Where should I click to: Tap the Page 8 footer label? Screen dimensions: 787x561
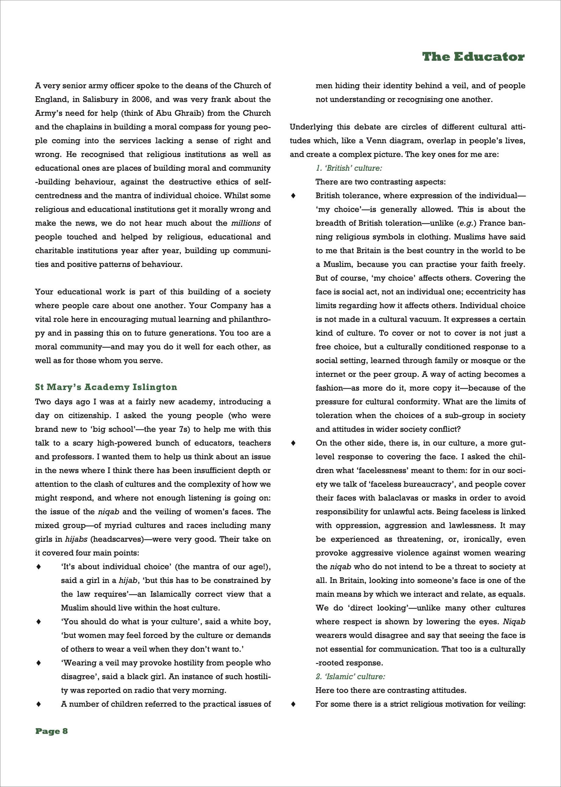(52, 731)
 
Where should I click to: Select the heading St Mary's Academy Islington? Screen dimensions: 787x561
(106, 387)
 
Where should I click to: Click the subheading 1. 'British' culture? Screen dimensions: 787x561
(348, 168)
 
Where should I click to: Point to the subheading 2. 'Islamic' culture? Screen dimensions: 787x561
(350, 676)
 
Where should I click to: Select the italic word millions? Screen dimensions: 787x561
(246, 223)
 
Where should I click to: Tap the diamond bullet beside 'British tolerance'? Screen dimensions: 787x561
(293, 196)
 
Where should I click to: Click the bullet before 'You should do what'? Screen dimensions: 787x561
(39, 622)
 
